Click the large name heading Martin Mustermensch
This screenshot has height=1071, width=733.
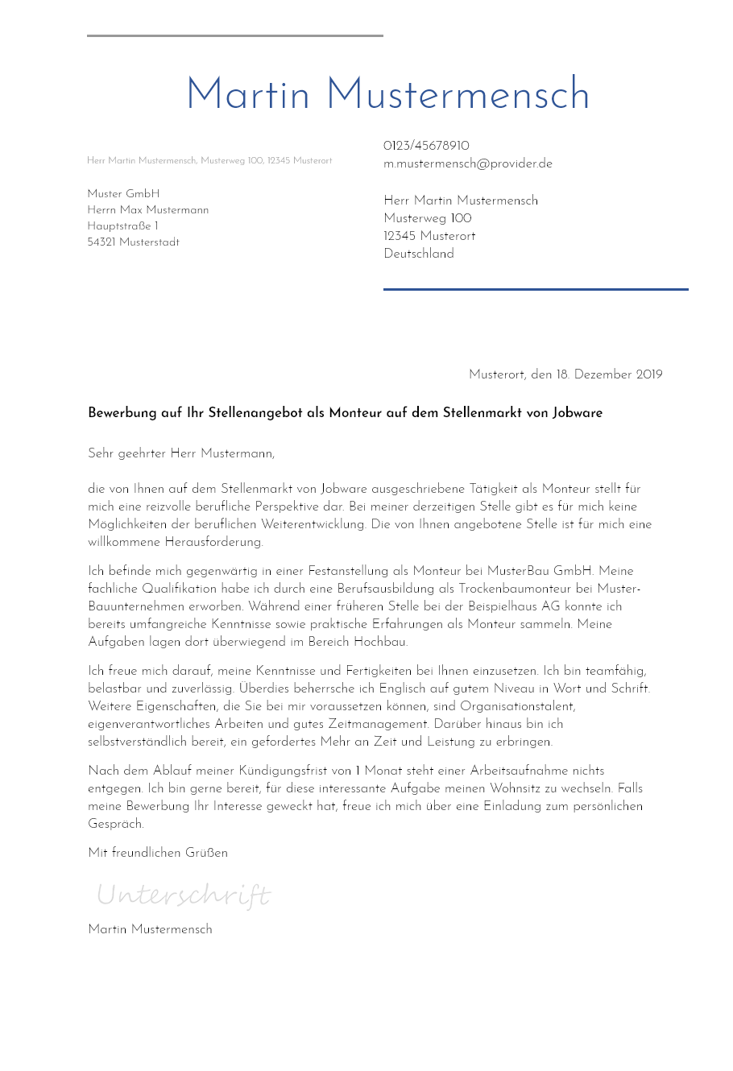[387, 95]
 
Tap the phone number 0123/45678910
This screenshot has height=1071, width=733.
[426, 146]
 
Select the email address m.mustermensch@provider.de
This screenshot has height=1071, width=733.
[468, 163]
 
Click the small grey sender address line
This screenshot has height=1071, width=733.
[209, 161]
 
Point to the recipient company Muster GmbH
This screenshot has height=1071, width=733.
[123, 194]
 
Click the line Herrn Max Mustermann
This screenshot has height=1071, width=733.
[148, 210]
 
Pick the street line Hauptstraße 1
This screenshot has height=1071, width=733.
[122, 226]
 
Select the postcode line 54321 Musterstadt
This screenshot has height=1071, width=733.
[134, 242]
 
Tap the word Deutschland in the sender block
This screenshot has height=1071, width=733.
[419, 254]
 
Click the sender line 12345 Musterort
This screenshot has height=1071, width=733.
[429, 236]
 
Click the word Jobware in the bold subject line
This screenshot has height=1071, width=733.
[577, 413]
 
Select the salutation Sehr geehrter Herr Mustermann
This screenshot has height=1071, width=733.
[181, 453]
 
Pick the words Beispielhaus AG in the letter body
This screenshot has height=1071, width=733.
[511, 606]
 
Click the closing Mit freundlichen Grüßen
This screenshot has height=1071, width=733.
[158, 853]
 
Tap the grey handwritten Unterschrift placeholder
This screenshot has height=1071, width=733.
[183, 895]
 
